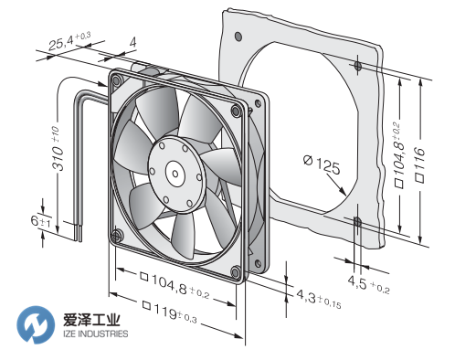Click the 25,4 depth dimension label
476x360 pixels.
click(69, 41)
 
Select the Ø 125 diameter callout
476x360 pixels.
click(322, 164)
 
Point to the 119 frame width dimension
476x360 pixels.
click(169, 312)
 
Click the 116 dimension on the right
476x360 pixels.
click(419, 164)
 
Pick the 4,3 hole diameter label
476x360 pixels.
click(318, 300)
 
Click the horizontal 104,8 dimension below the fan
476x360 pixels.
click(175, 285)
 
